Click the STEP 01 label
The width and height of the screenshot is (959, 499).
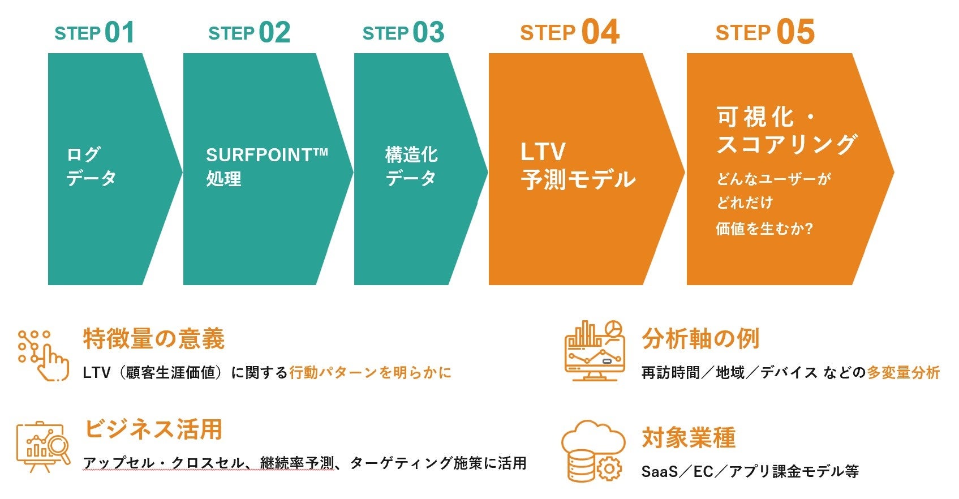point(94,33)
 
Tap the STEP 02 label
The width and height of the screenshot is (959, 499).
point(249,33)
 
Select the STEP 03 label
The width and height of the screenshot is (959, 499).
point(403,33)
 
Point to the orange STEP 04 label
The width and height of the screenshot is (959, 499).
point(569,33)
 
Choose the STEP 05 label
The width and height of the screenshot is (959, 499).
point(764,33)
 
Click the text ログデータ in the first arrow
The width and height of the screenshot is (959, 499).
point(91,166)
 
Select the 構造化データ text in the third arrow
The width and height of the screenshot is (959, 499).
point(411,166)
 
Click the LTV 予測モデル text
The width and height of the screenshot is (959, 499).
point(577,166)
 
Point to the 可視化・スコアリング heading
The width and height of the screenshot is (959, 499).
point(786,131)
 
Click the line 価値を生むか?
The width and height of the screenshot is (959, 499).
point(764,229)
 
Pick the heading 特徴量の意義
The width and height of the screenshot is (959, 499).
point(154,339)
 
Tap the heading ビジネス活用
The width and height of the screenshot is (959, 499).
point(153,429)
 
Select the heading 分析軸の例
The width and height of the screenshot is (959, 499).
point(700,339)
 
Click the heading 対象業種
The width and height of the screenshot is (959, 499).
point(689,438)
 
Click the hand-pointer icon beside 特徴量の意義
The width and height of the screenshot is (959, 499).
point(43,355)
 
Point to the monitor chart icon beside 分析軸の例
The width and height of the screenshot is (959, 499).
point(594,351)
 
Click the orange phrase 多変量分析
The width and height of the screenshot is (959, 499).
point(903,372)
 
